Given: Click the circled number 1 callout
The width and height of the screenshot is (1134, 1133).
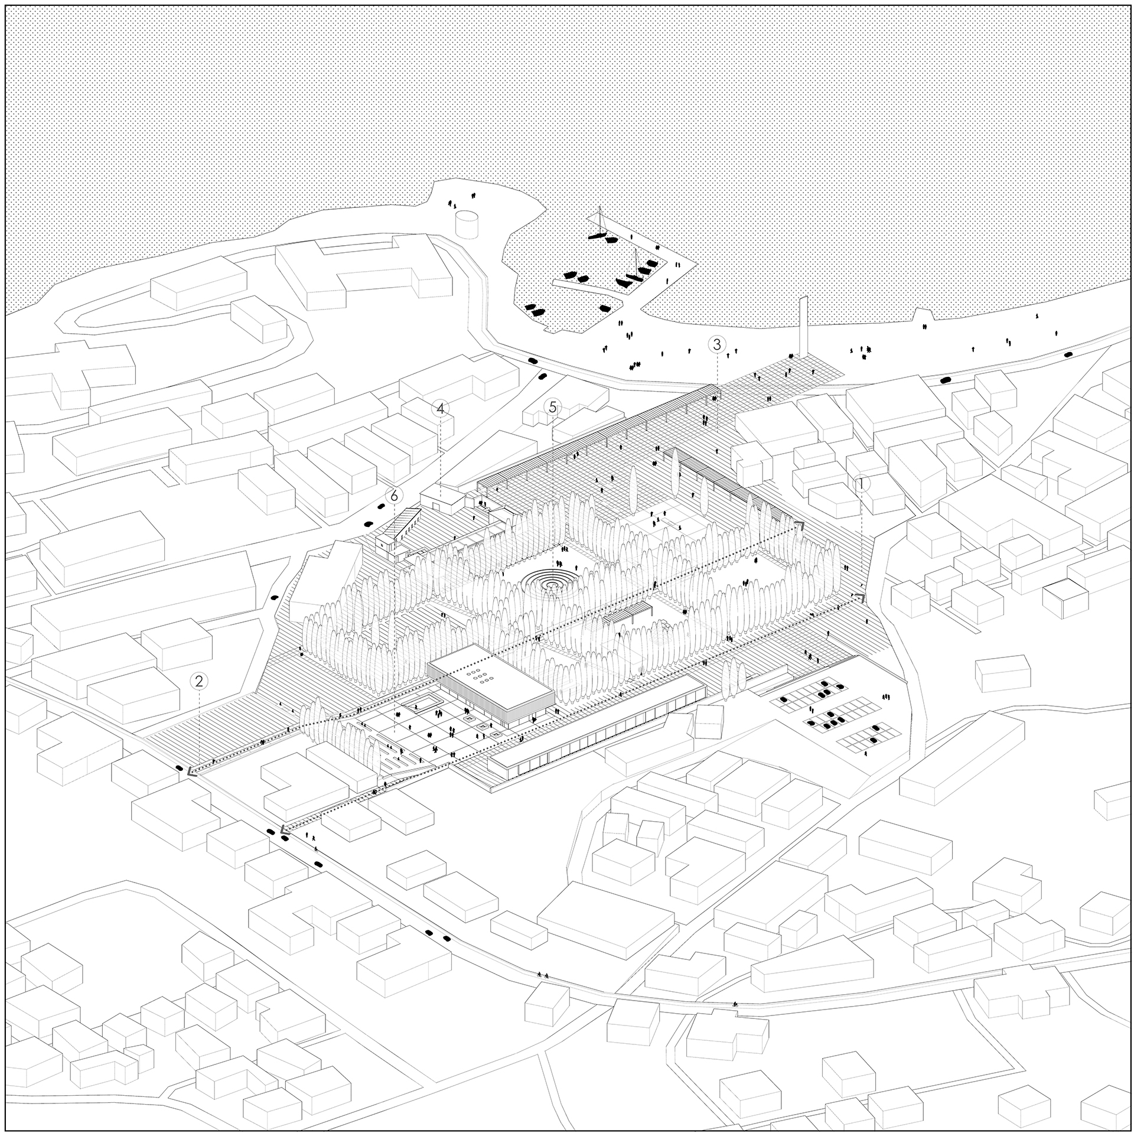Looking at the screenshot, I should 861,484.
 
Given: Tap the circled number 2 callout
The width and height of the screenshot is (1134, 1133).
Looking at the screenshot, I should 199,681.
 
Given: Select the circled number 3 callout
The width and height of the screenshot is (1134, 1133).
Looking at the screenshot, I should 716,344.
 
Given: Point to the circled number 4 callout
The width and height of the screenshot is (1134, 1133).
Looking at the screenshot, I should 440,408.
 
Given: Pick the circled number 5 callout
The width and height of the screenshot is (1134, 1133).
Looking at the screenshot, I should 553,406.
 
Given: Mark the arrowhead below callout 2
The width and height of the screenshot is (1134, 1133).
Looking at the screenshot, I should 191,771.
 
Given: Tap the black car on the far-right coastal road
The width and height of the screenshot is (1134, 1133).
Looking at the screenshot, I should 1068,354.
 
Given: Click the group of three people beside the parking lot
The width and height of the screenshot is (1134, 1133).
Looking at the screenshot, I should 885,698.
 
